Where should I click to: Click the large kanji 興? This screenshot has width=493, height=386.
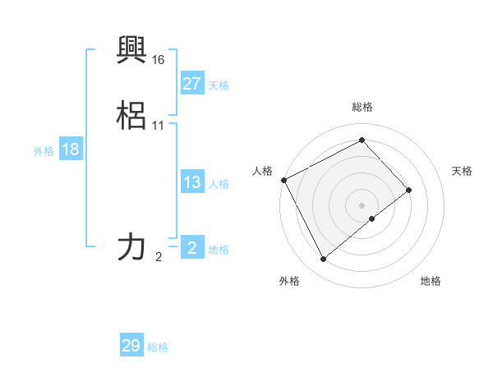(132, 48)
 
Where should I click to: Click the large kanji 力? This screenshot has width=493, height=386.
(132, 246)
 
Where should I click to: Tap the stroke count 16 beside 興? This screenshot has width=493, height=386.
(159, 60)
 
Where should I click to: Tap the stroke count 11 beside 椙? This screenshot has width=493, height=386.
(159, 126)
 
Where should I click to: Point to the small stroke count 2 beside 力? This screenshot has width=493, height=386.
(159, 257)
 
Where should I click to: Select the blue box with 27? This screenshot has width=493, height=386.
(191, 84)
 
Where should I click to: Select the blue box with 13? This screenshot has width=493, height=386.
(191, 182)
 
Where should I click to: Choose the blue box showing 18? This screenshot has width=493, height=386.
(70, 149)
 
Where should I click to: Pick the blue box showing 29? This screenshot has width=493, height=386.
(131, 346)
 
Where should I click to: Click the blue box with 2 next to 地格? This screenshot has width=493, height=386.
(191, 248)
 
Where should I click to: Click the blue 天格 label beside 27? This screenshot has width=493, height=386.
(219, 85)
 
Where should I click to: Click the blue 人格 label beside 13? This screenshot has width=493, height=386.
(219, 184)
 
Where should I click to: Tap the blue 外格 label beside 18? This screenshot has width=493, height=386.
(44, 151)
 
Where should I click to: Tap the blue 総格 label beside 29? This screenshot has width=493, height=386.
(158, 347)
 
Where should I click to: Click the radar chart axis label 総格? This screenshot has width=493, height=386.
(362, 107)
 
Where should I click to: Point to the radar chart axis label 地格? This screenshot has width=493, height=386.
(431, 282)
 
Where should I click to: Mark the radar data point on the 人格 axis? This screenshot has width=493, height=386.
(283, 180)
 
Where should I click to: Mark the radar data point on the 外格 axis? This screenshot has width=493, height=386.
(324, 260)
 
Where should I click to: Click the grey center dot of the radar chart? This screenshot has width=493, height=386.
(362, 204)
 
